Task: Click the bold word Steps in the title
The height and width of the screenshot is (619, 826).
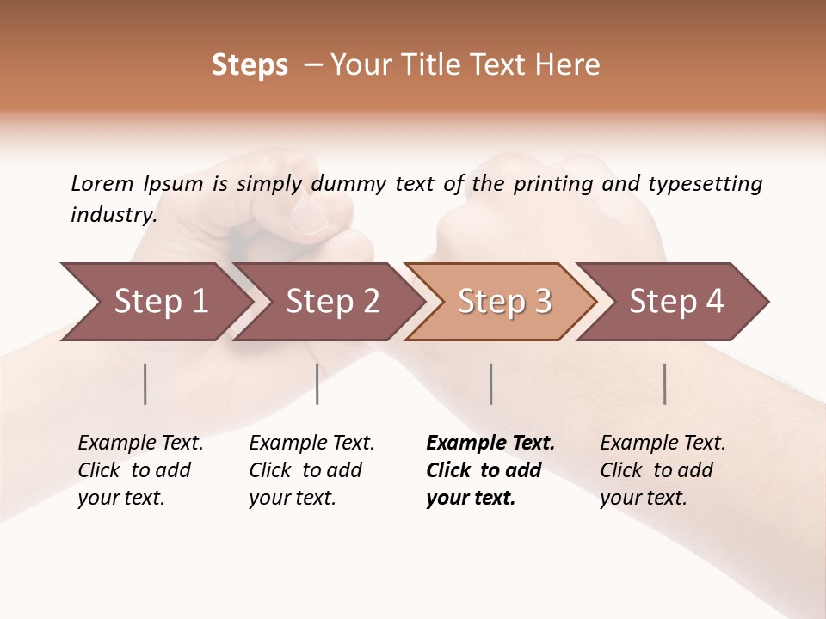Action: tap(250, 65)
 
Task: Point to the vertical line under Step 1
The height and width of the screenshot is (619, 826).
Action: tap(145, 383)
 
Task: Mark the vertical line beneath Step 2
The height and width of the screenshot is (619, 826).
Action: tap(317, 383)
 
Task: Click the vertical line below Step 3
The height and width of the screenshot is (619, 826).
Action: tap(491, 383)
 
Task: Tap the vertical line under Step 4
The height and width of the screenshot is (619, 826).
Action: tap(665, 383)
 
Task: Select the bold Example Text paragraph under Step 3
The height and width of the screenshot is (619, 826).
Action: tap(490, 470)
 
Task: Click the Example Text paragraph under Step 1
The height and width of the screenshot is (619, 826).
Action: tap(140, 470)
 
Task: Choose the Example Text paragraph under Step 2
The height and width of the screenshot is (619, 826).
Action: tap(311, 470)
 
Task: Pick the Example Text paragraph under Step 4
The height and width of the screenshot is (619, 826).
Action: tap(663, 470)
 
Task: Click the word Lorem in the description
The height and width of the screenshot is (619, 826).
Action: tap(102, 184)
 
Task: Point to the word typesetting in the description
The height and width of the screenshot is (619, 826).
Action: tap(705, 184)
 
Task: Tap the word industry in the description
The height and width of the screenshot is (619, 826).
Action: tap(113, 215)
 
